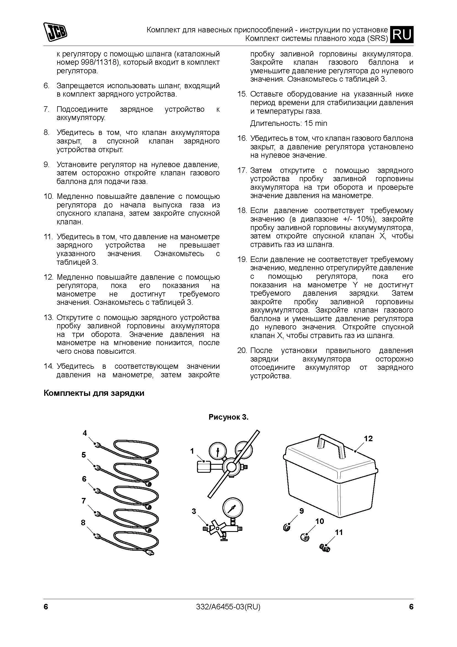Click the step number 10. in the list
48,196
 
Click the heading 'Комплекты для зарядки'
94,393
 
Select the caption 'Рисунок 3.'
228,417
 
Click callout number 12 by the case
368,438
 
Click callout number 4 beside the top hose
85,433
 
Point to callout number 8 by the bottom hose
83,523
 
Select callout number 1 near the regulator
192,451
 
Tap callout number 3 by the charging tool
194,511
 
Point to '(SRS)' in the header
377,38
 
